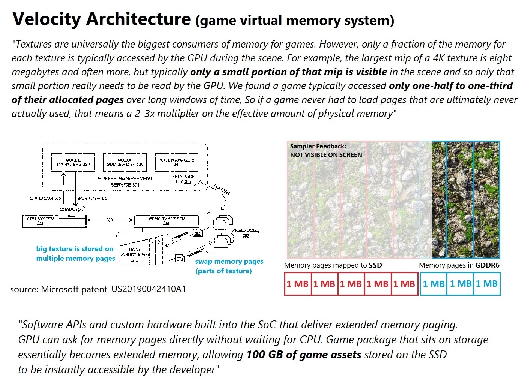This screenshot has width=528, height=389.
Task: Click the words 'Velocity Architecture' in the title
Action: point(101,19)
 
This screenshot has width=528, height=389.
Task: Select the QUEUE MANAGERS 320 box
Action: point(73,162)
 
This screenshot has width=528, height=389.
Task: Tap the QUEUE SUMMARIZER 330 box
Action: point(125,162)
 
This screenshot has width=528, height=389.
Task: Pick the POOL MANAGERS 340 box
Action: point(177,162)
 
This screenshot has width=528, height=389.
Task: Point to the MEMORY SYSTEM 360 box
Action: point(166,221)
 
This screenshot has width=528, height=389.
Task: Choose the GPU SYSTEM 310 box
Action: point(41,221)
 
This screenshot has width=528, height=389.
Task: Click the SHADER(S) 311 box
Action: point(72,212)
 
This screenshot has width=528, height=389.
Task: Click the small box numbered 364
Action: point(180,259)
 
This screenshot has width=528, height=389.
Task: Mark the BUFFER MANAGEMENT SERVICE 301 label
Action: point(125,181)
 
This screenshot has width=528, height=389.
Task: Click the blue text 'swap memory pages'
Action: point(229,262)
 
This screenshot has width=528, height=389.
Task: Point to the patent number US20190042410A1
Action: point(148,289)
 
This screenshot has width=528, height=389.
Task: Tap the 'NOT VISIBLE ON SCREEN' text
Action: point(326,155)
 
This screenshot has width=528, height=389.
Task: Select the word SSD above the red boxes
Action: point(375,265)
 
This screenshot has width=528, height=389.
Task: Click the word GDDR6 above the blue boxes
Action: point(487,265)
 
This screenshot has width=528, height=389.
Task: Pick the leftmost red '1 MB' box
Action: point(298,284)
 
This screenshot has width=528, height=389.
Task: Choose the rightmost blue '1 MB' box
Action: point(487,284)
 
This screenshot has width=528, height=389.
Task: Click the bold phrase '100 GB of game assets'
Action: point(304,355)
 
